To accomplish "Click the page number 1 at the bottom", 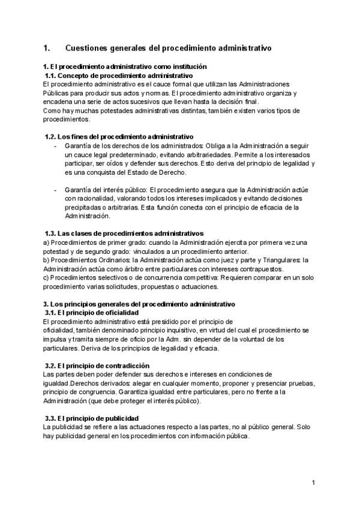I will (313, 482).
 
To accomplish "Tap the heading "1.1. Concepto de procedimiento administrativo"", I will (119, 76).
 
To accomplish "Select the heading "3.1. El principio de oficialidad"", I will (92, 313).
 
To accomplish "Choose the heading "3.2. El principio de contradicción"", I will (98, 366).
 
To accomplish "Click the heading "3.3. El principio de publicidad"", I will (92, 418).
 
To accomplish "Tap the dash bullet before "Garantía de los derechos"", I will (55, 146).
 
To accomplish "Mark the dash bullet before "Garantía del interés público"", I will (55, 190).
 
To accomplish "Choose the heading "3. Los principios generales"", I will (139, 304).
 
